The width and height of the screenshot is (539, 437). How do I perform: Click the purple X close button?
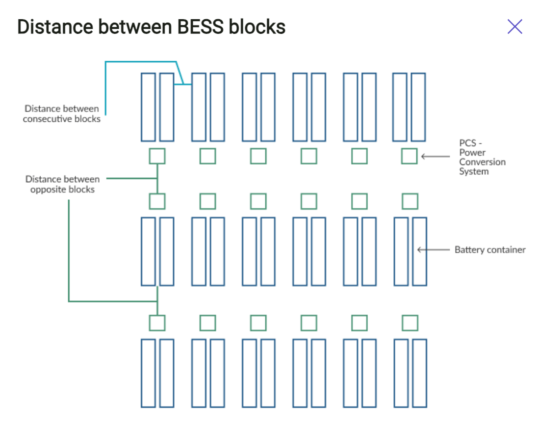514,27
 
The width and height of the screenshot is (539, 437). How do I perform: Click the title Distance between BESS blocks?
151,27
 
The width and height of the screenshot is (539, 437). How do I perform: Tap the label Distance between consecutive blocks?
62,114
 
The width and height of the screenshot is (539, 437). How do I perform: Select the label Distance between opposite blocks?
62,184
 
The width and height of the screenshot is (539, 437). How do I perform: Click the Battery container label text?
489,250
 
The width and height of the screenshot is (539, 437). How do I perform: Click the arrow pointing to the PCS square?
435,157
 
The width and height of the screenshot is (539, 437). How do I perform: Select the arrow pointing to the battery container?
433,250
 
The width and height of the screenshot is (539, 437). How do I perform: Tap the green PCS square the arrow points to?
409,156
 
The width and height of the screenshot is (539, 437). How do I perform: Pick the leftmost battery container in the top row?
148,107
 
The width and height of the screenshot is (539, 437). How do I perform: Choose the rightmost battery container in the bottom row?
419,373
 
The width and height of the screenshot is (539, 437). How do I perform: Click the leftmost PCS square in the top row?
157,156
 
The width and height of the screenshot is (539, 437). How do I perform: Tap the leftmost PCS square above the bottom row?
157,323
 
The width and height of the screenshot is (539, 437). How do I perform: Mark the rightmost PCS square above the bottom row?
410,323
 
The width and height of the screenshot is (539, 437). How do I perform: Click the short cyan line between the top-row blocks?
182,85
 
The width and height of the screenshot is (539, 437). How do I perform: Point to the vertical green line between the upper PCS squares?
157,179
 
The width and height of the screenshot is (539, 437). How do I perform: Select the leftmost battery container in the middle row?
148,251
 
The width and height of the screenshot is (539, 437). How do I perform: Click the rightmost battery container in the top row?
418,107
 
